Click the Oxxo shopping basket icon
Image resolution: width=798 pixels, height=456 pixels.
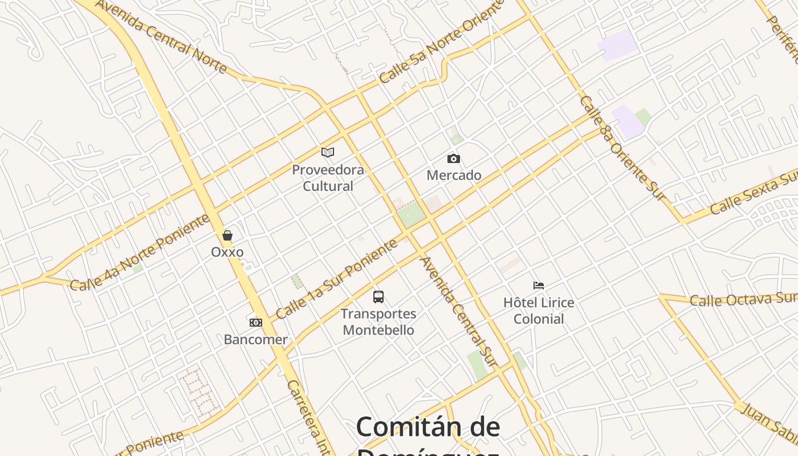click(227, 235)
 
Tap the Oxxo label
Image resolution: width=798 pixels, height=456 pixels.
click(227, 252)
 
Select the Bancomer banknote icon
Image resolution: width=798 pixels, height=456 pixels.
click(256, 323)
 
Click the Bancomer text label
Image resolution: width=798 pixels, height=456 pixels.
click(255, 340)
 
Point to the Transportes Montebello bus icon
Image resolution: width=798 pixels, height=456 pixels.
click(378, 296)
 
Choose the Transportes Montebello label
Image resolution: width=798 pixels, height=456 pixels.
click(378, 322)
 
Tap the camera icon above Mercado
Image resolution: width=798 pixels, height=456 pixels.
click(454, 158)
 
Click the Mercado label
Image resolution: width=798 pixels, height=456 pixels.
click(454, 175)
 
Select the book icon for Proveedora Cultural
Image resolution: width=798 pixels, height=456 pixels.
click(328, 152)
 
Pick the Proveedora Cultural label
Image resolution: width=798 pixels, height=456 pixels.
click(328, 178)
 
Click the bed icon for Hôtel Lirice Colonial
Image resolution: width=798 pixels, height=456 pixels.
click(539, 285)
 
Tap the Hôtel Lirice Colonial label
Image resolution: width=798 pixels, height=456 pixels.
click(539, 311)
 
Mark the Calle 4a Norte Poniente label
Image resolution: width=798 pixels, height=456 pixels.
click(140, 253)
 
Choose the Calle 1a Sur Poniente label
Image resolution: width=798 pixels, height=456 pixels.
click(336, 279)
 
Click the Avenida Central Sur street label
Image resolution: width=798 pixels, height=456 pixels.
click(458, 312)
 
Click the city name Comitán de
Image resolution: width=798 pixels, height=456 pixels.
click(428, 427)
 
